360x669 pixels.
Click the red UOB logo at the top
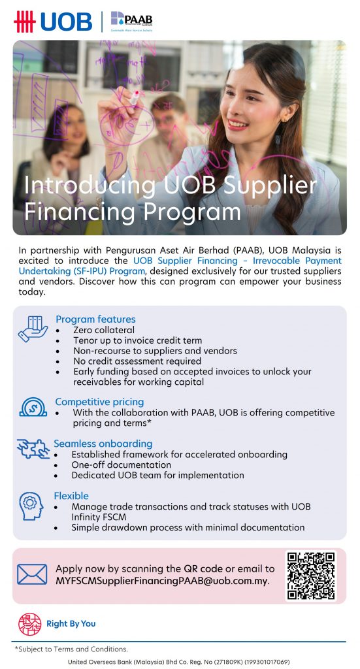coord(53,22)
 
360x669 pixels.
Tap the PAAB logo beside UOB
coord(131,21)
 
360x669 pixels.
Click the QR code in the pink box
coord(310,576)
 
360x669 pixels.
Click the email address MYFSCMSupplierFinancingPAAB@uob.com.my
coord(162,581)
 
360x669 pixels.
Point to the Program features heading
coord(95,319)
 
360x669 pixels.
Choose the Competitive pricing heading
coord(99,402)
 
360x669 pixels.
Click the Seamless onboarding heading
coord(103,444)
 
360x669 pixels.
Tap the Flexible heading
coord(71,496)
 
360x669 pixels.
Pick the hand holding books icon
coord(33,329)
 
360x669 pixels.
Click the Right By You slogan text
coord(71,624)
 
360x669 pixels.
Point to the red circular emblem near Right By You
coord(29,624)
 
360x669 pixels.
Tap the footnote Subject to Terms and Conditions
coord(71,649)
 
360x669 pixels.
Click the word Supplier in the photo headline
coord(274,186)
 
